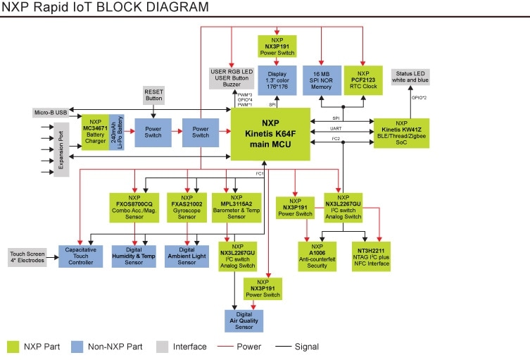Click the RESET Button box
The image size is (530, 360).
154,96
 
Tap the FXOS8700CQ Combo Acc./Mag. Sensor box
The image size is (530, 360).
134,208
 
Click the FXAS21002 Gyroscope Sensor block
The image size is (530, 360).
187,208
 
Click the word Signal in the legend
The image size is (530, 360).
307,347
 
